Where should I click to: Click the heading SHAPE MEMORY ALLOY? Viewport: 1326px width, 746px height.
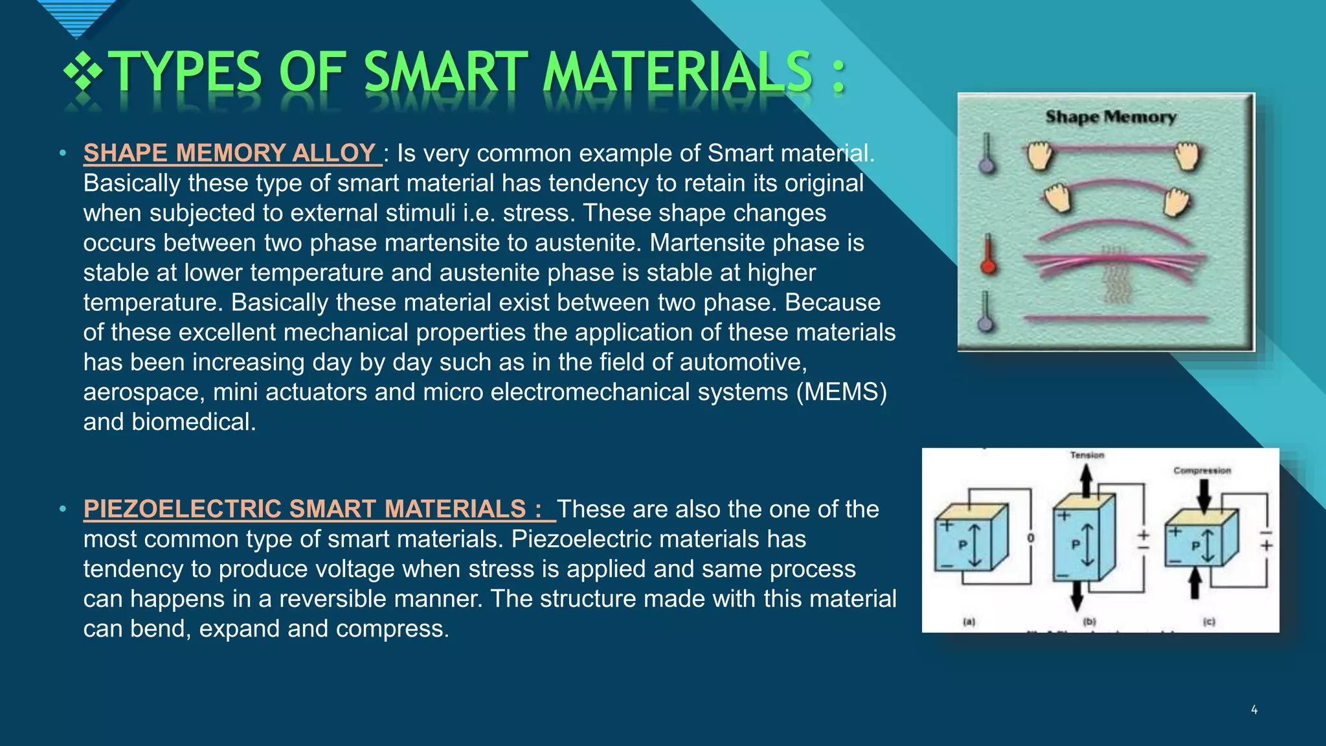(x=229, y=153)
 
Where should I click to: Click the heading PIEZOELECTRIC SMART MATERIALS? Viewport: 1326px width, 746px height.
(x=312, y=509)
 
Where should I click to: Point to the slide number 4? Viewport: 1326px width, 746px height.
(x=1254, y=710)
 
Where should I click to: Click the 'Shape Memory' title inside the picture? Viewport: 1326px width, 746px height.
(x=1110, y=117)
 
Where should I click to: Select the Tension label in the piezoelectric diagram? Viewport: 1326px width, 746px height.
(x=1087, y=455)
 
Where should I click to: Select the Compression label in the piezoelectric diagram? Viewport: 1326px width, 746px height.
(x=1202, y=471)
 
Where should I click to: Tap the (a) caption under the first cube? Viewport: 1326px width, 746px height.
(x=969, y=622)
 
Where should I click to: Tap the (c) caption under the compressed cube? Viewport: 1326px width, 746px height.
(x=1209, y=622)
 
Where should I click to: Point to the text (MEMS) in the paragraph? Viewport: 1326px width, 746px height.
(x=841, y=392)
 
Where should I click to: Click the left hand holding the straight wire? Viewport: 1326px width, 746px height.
(x=1040, y=156)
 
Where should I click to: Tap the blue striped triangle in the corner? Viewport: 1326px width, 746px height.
(x=76, y=16)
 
